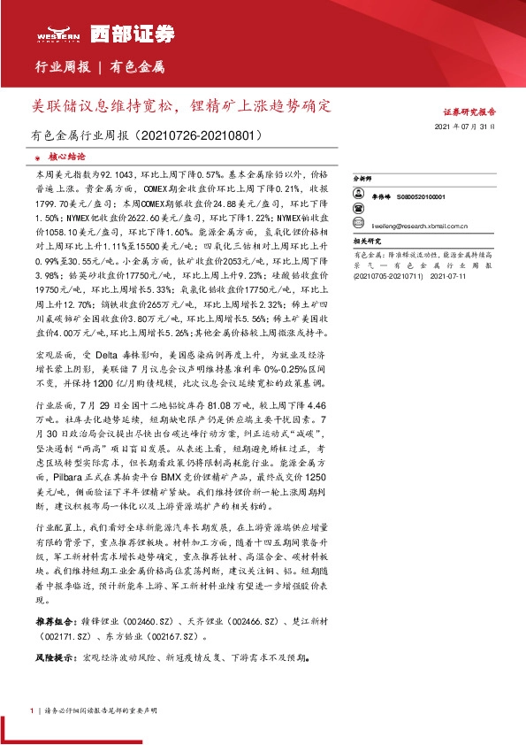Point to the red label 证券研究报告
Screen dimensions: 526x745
(x=469, y=112)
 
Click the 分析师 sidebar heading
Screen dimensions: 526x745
(x=362, y=178)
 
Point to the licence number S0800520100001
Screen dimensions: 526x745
(x=421, y=197)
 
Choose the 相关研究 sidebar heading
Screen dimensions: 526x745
(x=366, y=241)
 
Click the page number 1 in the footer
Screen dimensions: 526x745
(x=33, y=710)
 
